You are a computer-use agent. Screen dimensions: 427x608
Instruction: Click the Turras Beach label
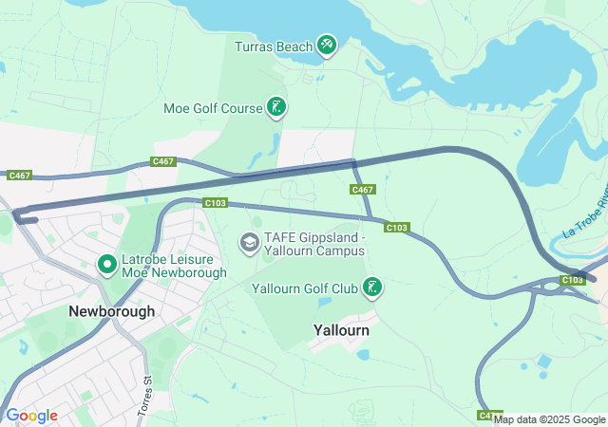275,46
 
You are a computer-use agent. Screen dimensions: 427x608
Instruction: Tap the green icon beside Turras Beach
327,45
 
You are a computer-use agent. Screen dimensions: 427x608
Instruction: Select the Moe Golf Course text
213,108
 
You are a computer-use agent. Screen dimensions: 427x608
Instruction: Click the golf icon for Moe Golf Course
275,107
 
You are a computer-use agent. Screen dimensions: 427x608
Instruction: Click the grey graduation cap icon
250,243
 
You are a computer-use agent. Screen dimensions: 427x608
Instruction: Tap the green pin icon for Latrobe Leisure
107,264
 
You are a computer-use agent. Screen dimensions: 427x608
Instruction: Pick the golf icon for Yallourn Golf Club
372,287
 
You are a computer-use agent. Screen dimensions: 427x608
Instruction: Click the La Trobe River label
584,217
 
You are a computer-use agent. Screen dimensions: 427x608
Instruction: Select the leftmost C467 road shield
19,176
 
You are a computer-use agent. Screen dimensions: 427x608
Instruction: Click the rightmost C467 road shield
362,190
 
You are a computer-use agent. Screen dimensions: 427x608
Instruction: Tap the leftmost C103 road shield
215,202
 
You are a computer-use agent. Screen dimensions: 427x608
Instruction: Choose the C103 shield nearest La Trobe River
572,280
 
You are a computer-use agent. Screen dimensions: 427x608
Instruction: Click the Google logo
31,416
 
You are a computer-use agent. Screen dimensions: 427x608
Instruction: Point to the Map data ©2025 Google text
549,419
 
